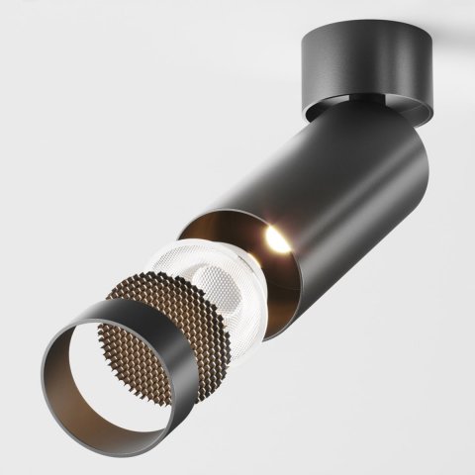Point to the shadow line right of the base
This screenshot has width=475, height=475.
pyautogui.click(x=450, y=48)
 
